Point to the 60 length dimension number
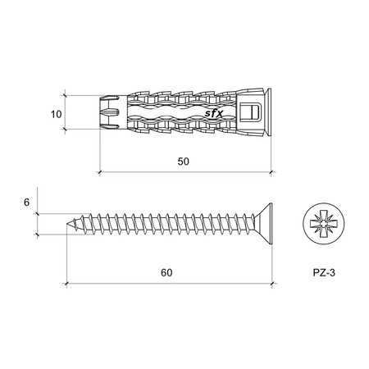(166, 273)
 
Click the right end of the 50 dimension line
(273, 172)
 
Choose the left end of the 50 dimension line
(99, 172)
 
